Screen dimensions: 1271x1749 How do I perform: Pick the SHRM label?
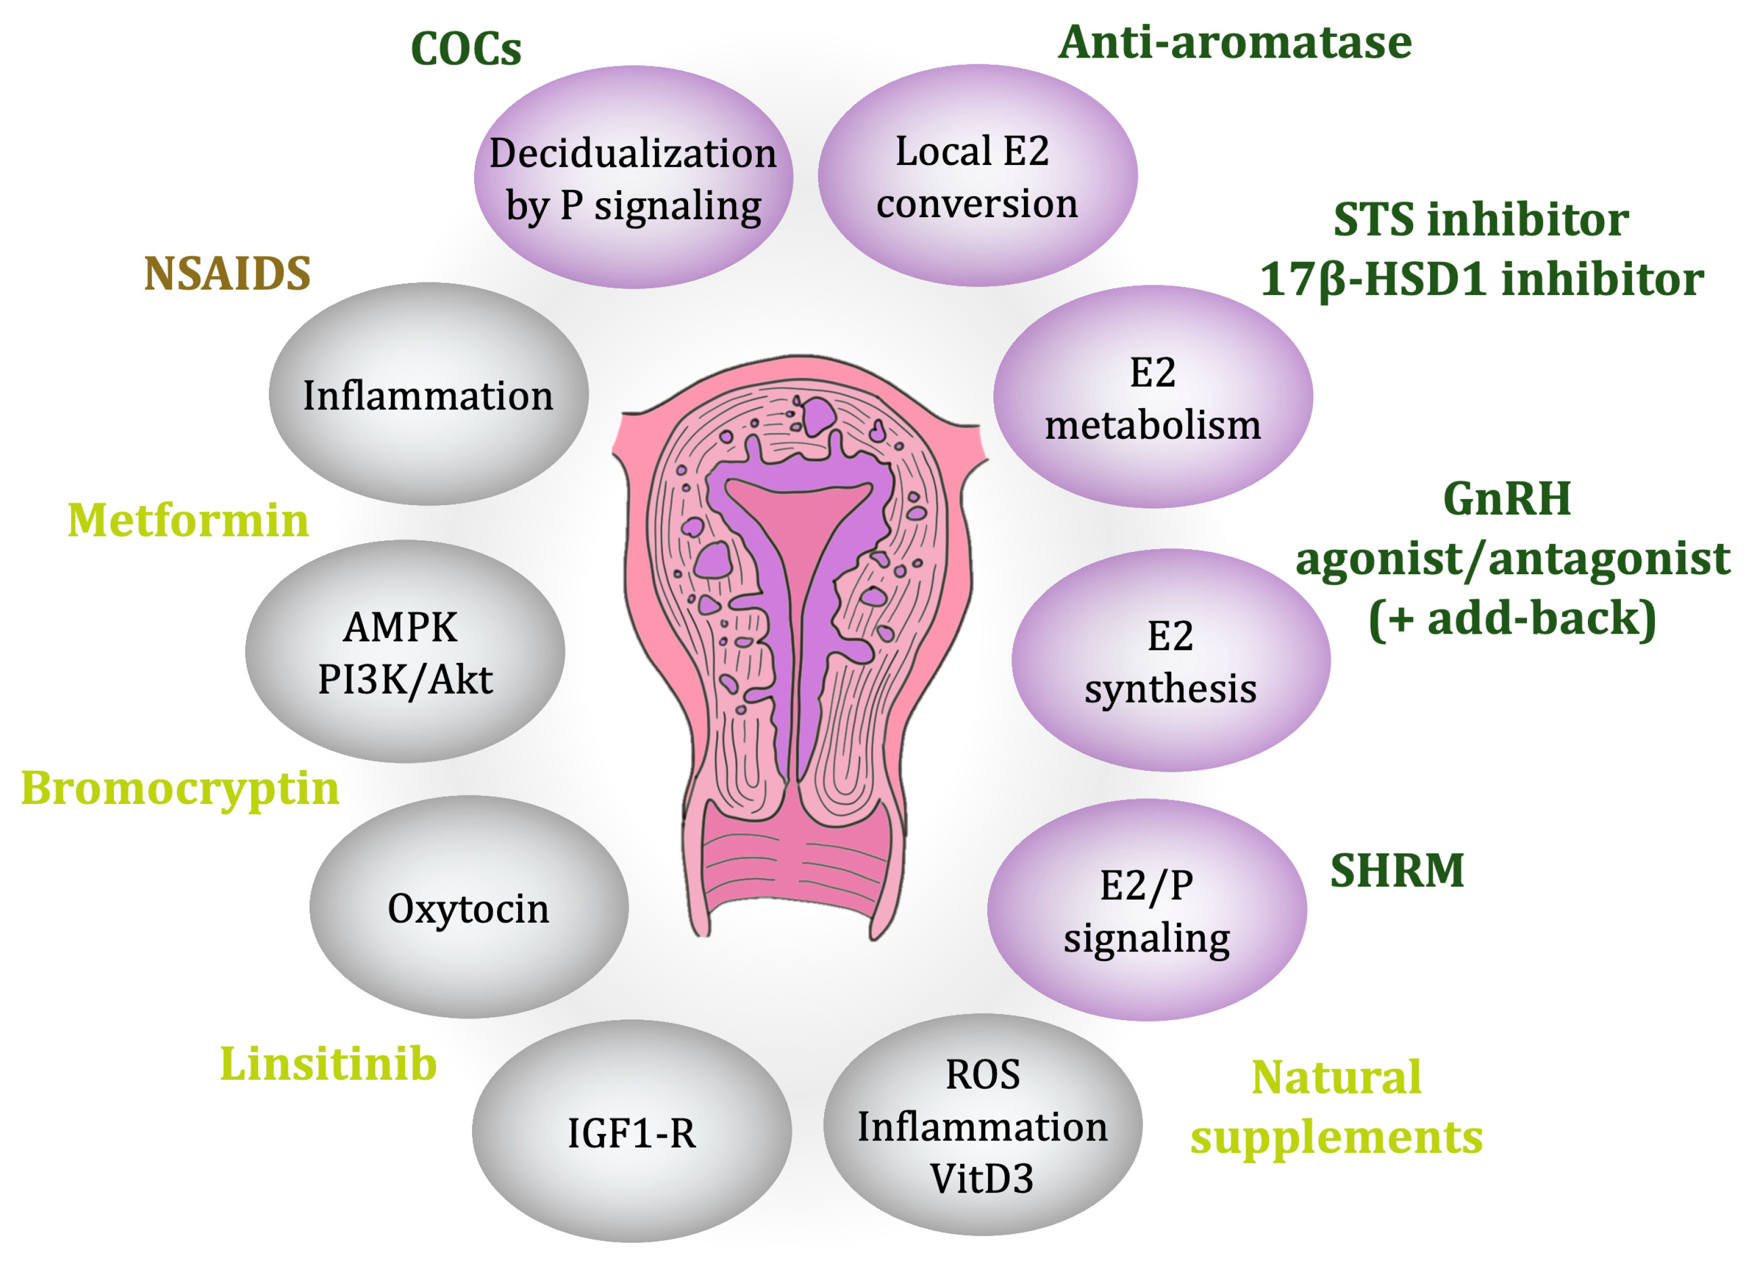(1397, 871)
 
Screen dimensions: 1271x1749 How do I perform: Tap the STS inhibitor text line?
(1481, 220)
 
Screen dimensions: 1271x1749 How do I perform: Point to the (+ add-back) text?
(1512, 618)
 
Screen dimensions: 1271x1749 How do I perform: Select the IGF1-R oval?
(631, 1132)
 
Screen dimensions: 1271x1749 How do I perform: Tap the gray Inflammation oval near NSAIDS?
(428, 395)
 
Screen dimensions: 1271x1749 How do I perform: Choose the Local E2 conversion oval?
(977, 176)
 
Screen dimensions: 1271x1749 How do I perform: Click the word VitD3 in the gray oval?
(981, 1178)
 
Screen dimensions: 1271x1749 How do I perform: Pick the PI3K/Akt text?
(405, 679)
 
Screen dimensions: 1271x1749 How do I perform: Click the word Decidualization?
(633, 153)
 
